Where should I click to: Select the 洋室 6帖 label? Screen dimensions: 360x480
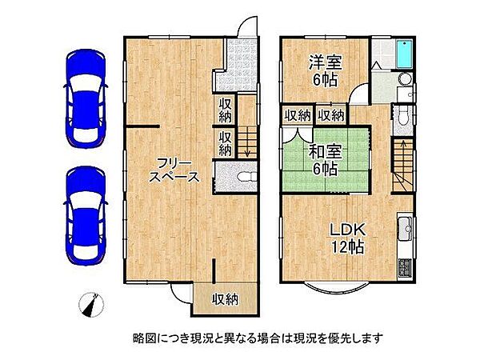(326, 70)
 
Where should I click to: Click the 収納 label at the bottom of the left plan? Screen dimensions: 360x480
(225, 300)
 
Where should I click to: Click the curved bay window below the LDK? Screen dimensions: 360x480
(329, 286)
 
